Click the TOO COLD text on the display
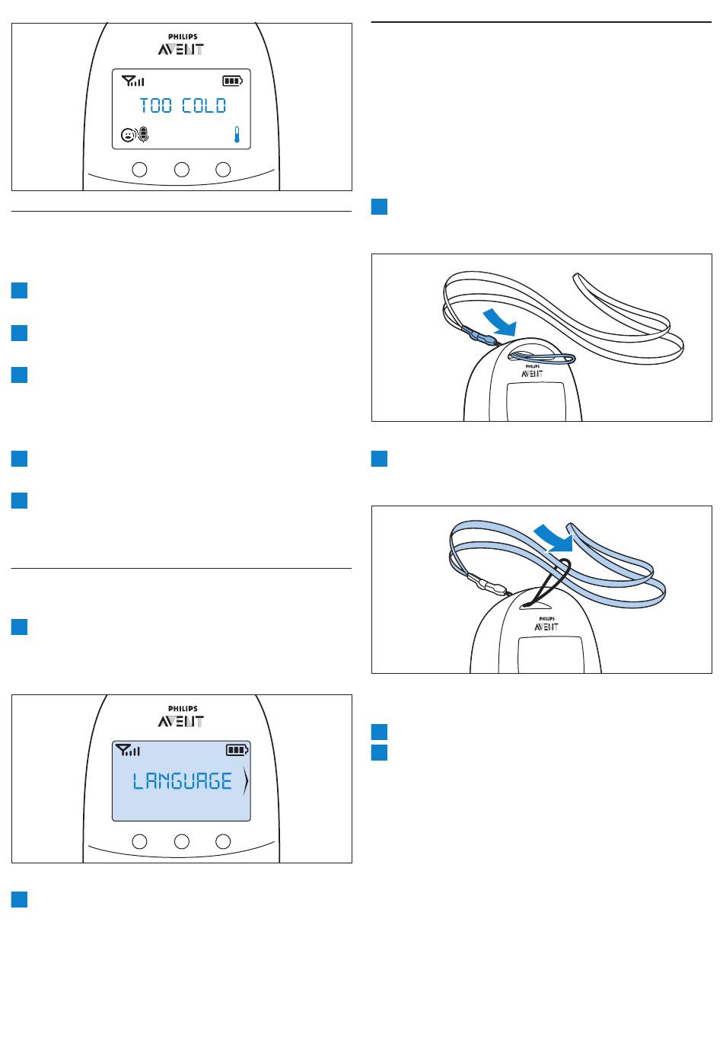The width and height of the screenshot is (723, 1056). pos(183,106)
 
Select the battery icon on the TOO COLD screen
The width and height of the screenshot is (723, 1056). pos(232,81)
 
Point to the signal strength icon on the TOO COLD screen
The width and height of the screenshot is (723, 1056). pos(132,81)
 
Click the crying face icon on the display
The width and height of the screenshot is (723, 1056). pos(127,136)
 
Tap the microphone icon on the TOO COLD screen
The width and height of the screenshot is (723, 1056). pos(143,135)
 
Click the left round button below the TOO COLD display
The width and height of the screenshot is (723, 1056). pos(139,169)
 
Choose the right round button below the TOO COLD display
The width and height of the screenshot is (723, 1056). pos(223,169)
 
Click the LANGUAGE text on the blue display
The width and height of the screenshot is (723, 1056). pos(182,780)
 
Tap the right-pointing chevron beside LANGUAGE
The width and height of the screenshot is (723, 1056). pos(246,780)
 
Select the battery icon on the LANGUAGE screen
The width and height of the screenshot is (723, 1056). pos(237,750)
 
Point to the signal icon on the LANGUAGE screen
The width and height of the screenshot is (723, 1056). pos(128,750)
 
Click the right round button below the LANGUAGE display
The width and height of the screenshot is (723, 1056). pos(223,841)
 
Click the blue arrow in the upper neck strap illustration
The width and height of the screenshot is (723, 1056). pos(501,323)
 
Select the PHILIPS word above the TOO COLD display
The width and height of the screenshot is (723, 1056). pos(183,37)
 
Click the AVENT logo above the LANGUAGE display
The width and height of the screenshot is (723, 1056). pos(181,721)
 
